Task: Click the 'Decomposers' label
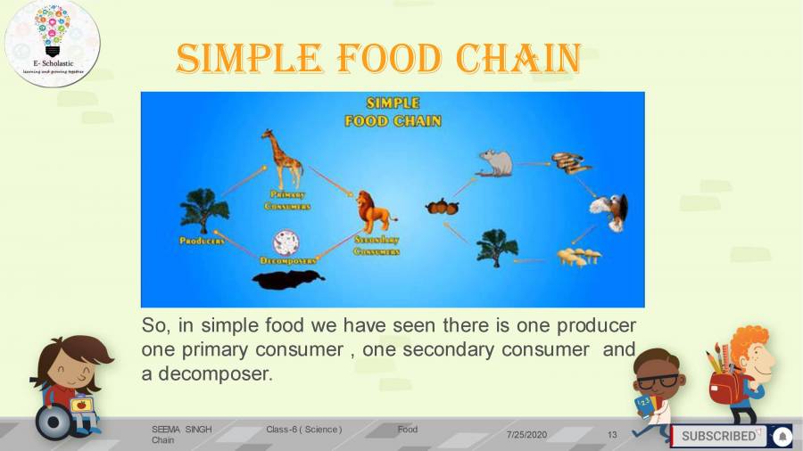tap(287, 261)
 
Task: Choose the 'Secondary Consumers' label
tap(376, 246)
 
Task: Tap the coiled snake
tap(569, 163)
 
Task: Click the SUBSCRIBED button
tap(718, 436)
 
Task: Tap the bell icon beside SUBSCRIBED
tap(782, 436)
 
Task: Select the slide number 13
tap(612, 435)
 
